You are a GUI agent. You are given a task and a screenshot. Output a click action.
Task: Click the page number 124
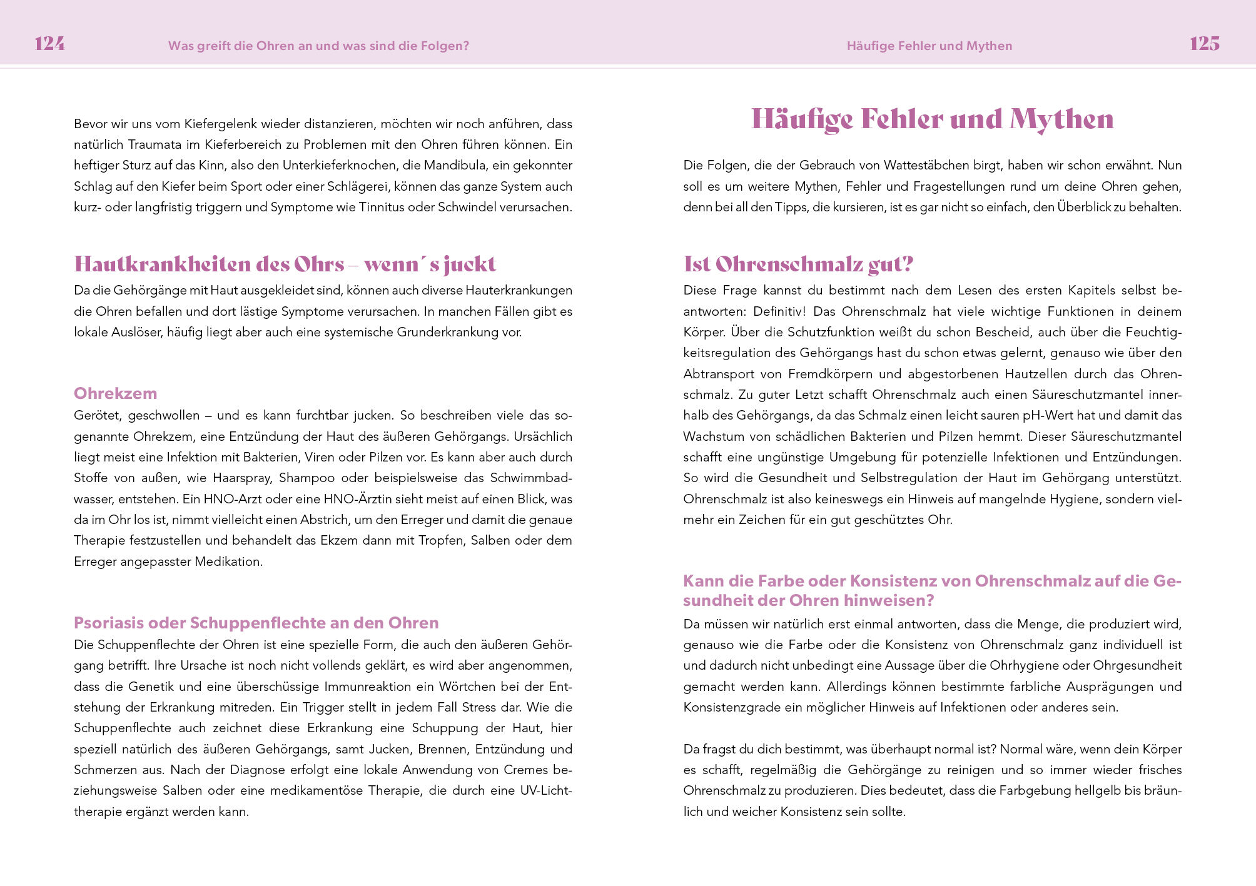[49, 44]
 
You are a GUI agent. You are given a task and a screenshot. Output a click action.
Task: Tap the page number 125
[1204, 44]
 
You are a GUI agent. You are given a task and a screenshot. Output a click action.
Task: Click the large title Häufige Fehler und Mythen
[932, 119]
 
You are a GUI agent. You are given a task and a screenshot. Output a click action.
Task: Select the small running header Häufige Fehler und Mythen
[929, 46]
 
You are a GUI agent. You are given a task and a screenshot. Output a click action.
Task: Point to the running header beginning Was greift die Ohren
[318, 46]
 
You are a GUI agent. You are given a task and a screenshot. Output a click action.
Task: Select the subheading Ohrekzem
[115, 393]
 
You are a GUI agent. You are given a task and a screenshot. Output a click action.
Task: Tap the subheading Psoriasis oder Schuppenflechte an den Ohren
[256, 623]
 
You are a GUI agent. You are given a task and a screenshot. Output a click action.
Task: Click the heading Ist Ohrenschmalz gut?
[798, 264]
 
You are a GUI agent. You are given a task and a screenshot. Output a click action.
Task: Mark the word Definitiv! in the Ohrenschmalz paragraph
[779, 311]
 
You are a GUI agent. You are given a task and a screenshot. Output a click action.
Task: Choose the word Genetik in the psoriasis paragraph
[151, 687]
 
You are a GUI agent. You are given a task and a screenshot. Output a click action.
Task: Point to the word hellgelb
[1096, 791]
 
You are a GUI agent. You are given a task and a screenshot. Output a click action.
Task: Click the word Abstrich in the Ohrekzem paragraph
[324, 520]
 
